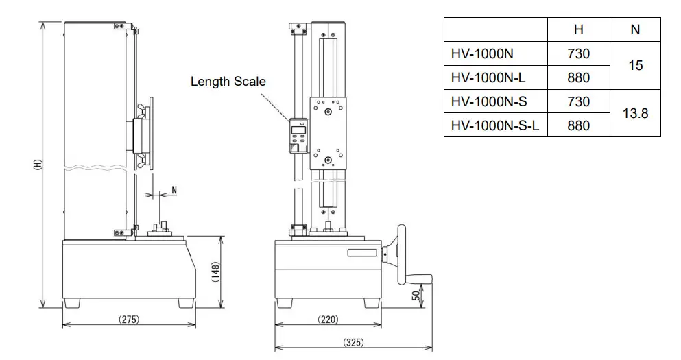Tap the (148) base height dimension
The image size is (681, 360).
click(x=215, y=272)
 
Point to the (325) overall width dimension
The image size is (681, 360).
click(x=353, y=342)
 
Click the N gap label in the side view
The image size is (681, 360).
click(x=174, y=189)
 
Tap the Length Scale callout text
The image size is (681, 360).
click(x=228, y=82)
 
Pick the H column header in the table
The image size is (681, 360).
click(x=578, y=30)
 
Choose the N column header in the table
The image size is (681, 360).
click(x=634, y=30)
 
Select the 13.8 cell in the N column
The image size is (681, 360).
click(x=634, y=113)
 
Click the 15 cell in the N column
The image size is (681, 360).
click(x=634, y=66)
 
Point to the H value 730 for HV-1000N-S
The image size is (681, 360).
click(x=578, y=101)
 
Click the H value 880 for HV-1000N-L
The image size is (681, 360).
click(x=578, y=77)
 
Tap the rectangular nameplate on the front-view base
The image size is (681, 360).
click(x=362, y=253)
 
